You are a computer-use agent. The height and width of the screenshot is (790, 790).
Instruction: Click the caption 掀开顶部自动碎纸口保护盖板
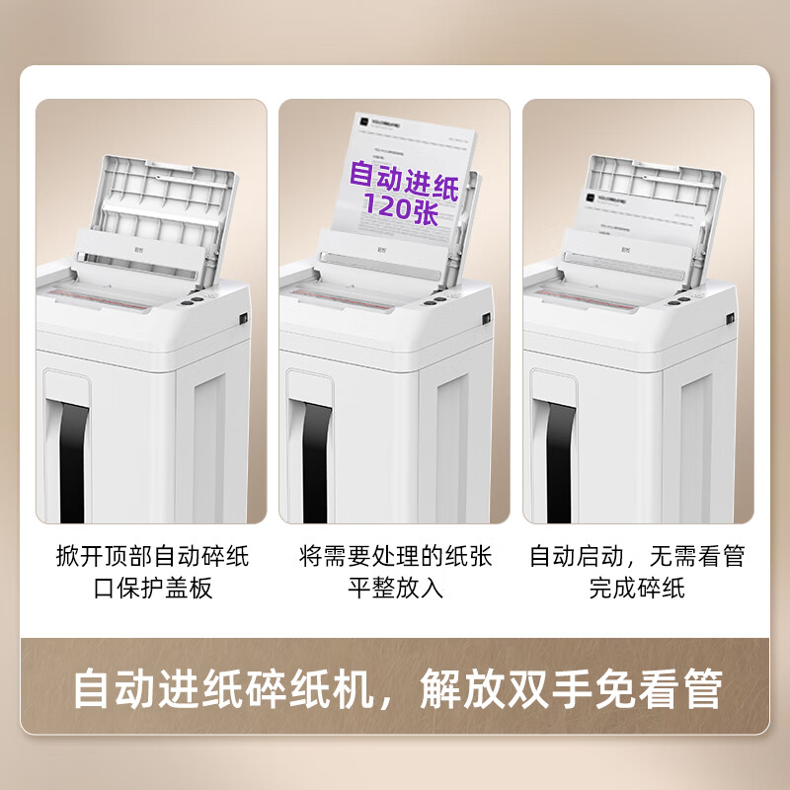coord(153,571)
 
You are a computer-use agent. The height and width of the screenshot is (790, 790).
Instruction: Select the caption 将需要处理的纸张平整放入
coord(395,571)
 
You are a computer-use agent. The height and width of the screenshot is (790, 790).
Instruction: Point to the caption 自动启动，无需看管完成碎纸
coord(637,571)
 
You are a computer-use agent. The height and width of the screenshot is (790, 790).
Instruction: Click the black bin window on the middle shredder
coord(313,459)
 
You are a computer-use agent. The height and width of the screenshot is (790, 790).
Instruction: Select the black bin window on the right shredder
coord(554,459)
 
